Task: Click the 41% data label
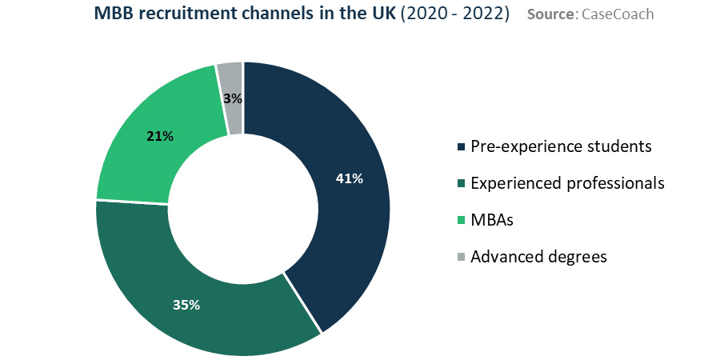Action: point(350,178)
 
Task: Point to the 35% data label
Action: point(186,304)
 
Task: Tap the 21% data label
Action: point(160,136)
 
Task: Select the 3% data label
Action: point(233,98)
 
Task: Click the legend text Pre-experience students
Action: point(561,146)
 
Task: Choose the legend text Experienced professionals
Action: point(567,183)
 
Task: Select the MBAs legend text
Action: point(492,220)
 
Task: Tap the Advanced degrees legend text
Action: point(538,257)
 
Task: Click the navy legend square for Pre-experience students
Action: point(460,147)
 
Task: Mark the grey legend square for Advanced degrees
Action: point(460,258)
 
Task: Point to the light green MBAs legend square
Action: point(460,221)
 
